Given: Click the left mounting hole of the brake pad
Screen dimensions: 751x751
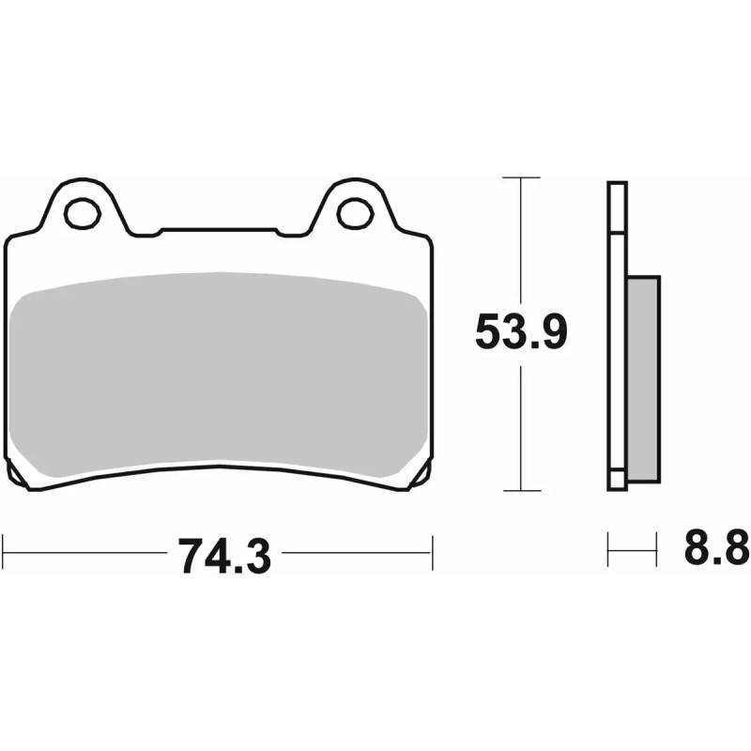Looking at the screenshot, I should (x=82, y=212).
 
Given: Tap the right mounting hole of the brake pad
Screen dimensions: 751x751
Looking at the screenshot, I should (x=354, y=212).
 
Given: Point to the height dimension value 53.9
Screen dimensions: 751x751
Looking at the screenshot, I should (x=519, y=332).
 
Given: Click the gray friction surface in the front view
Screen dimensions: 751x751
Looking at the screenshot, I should (x=221, y=371).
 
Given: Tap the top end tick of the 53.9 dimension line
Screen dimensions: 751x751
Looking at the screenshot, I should (x=520, y=177).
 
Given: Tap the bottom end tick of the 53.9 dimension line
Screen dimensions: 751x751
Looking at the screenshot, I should (x=520, y=490).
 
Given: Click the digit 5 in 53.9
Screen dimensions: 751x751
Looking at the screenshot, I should (x=490, y=332).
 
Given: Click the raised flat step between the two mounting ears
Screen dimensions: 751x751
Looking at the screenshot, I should (x=219, y=229).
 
